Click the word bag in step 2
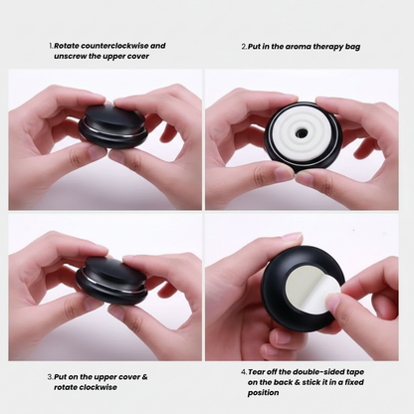point(352,47)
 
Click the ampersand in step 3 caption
point(144,377)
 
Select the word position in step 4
point(263,393)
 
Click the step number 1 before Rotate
point(51,46)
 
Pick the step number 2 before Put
point(244,47)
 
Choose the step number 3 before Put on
point(50,377)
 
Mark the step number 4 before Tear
point(244,372)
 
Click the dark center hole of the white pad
point(301,133)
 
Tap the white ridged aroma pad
point(301,134)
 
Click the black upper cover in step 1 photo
point(112,116)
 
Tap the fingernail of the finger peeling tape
point(332,303)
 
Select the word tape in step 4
point(354,372)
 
